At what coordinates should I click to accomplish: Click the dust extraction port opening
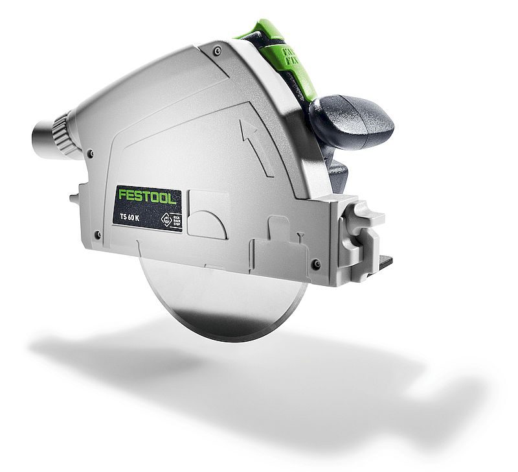tap(39, 137)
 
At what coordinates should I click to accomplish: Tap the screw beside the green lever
tap(217, 49)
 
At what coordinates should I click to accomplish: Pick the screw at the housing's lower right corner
tap(315, 264)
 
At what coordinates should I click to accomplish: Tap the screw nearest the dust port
tap(91, 154)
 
